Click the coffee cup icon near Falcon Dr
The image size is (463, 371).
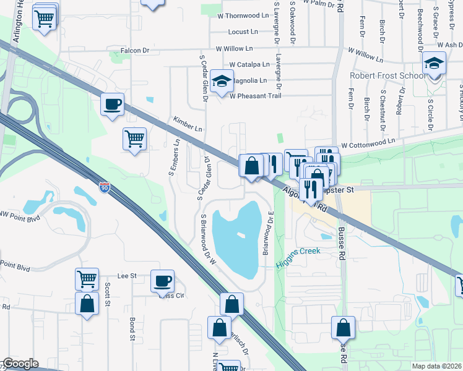[x=112, y=104]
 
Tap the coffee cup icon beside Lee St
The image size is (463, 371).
[x=163, y=281]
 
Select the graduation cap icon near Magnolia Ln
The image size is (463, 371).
[x=220, y=81]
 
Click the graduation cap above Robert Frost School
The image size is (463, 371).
[x=434, y=63]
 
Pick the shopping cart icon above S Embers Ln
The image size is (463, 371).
[x=134, y=139]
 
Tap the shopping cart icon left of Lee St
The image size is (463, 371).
[x=87, y=278]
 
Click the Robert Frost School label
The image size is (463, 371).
[x=388, y=76]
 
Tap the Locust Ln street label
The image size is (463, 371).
[x=243, y=32]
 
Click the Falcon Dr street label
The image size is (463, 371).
[x=137, y=49]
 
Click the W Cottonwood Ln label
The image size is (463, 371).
[x=367, y=142]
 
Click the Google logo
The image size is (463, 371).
[x=20, y=364]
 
